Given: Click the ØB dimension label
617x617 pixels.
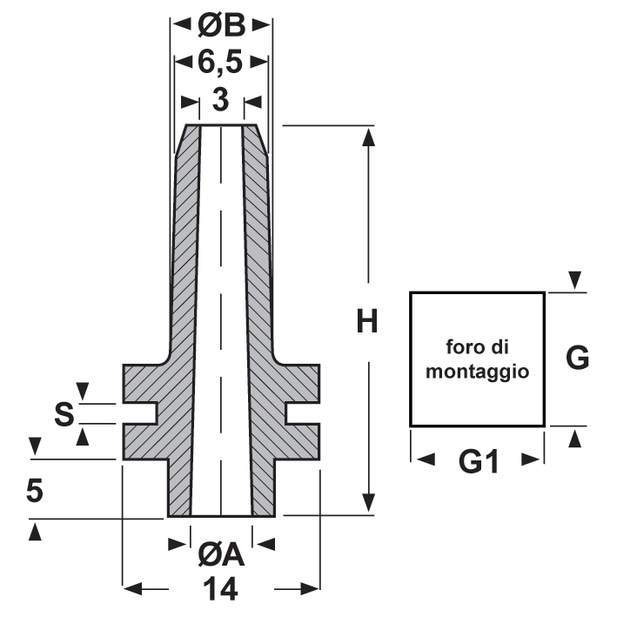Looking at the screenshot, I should [221, 26].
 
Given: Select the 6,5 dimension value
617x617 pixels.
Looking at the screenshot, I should [221, 64].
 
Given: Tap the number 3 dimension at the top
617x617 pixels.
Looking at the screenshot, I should [221, 101].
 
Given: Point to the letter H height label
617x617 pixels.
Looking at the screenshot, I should [368, 322].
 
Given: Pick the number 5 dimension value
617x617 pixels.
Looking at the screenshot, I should [35, 492].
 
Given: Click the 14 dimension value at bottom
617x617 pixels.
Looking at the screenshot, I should [222, 591].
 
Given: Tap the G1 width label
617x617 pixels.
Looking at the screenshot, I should [478, 463].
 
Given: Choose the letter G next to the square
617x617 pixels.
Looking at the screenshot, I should [578, 357].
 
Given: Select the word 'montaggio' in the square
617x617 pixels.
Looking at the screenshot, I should [477, 371].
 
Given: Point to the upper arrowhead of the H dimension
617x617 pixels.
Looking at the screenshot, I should [369, 137].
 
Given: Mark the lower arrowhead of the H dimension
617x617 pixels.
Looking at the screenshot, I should [369, 503].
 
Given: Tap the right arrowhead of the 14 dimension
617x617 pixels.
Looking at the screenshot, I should [312, 589].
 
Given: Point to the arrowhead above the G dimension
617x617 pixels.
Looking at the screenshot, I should [574, 280].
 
